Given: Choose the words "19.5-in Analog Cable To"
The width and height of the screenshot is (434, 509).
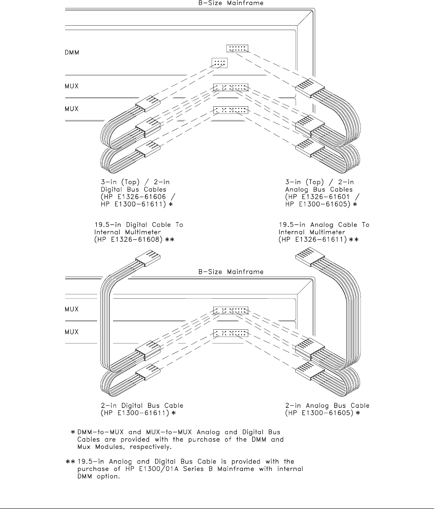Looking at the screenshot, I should pos(324,225).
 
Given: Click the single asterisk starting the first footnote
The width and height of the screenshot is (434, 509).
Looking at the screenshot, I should pos(73,432).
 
